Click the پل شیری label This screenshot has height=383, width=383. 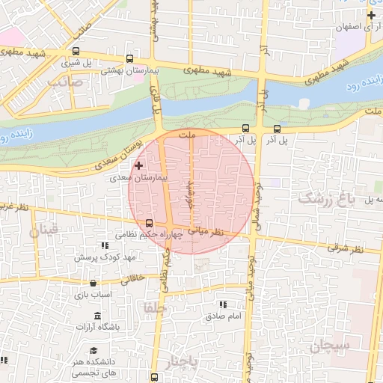click(97, 64)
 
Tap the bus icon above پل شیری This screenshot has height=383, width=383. click(129, 58)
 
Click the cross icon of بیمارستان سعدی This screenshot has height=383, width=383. click(138, 165)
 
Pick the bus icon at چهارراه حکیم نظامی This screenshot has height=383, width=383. click(149, 223)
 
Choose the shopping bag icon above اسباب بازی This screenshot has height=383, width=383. click(93, 284)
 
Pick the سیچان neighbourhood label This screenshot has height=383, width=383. click(331, 346)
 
